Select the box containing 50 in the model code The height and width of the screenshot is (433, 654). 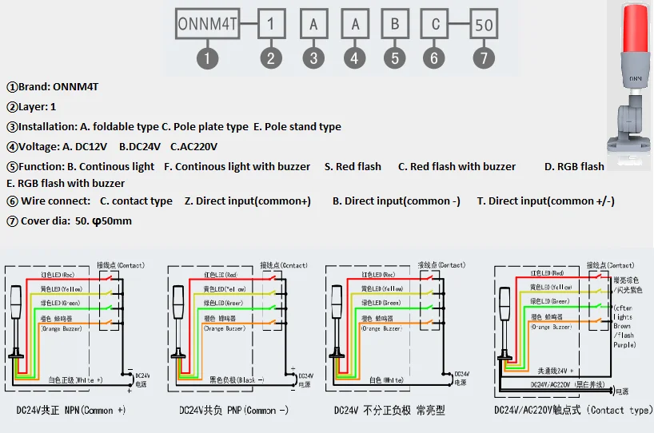click(483, 25)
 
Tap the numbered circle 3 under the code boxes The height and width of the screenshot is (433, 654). click(313, 58)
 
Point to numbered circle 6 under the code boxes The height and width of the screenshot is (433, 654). click(435, 58)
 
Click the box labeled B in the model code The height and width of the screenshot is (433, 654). click(395, 24)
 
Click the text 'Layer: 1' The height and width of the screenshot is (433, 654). click(31, 106)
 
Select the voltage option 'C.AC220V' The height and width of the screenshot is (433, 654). click(193, 146)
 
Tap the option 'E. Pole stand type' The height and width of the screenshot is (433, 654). click(297, 126)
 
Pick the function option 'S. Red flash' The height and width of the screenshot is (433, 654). click(353, 166)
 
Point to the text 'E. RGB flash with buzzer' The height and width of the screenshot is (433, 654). click(66, 183)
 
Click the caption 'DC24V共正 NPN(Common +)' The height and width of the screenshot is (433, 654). click(70, 411)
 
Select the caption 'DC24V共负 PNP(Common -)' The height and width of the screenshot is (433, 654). click(233, 411)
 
